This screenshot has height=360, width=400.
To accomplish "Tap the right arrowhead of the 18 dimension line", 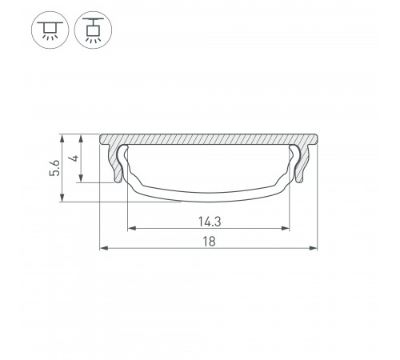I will click(x=313, y=249).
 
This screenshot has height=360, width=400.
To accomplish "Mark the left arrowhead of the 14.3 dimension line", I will click(x=130, y=229).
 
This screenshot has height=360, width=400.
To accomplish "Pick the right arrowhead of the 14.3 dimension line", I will click(x=286, y=229).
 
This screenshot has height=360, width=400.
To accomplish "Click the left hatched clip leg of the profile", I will click(x=118, y=165).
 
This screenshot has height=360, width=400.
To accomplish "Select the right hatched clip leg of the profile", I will click(x=299, y=165).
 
